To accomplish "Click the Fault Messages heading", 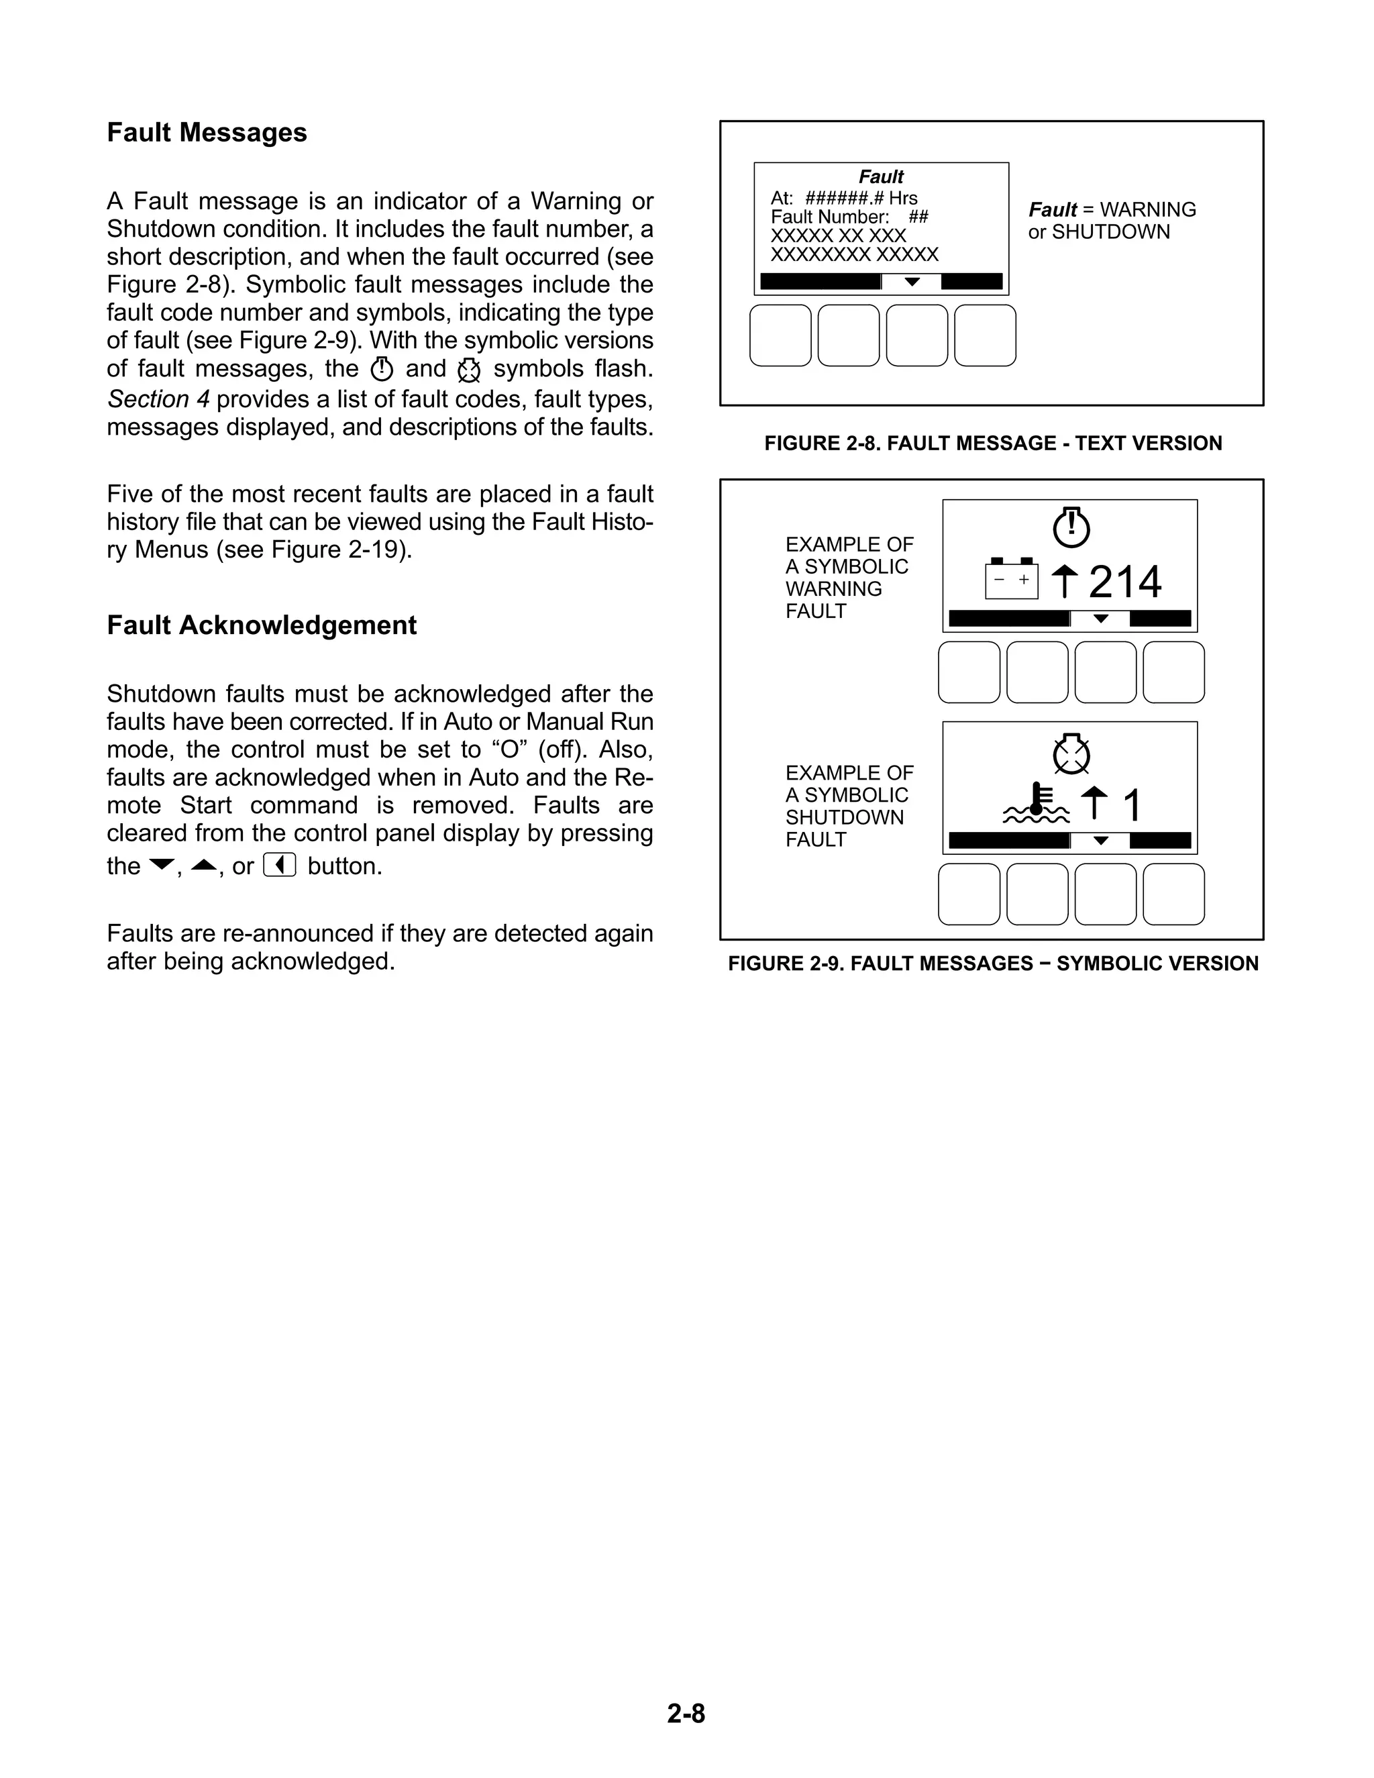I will (207, 133).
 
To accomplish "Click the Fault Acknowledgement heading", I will (261, 625).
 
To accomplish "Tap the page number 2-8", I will (686, 1714).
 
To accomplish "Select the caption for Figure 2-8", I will (992, 443).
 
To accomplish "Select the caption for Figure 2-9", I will (992, 964).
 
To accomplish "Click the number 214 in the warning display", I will (1125, 582).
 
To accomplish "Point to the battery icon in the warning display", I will (1011, 579).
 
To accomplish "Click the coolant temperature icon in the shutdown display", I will (1035, 804).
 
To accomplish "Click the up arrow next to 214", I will (1064, 581).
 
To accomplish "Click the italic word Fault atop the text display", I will (881, 176).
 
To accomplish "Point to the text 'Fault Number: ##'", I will (849, 217).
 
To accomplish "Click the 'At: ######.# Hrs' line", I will (843, 199).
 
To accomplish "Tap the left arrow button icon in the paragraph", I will (279, 866).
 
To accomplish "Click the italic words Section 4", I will (158, 400).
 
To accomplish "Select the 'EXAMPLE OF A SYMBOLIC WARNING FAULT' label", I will (848, 577).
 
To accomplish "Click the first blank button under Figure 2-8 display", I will (780, 335).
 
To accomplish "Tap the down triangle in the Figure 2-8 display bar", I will (912, 282).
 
